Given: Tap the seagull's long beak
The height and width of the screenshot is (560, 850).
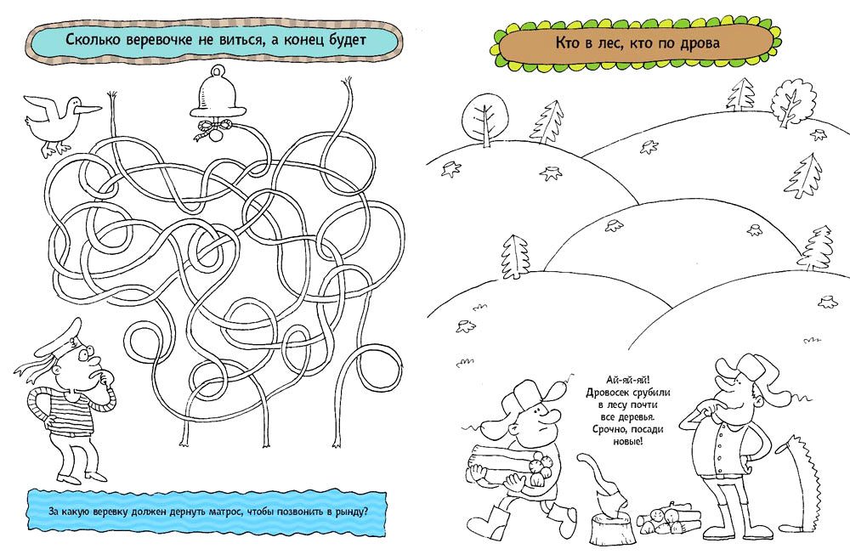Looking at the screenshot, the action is click(89, 108).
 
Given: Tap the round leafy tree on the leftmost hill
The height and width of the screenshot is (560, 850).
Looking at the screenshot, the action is click(485, 117).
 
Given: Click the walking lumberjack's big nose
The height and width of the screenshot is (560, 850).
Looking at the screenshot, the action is click(551, 416).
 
